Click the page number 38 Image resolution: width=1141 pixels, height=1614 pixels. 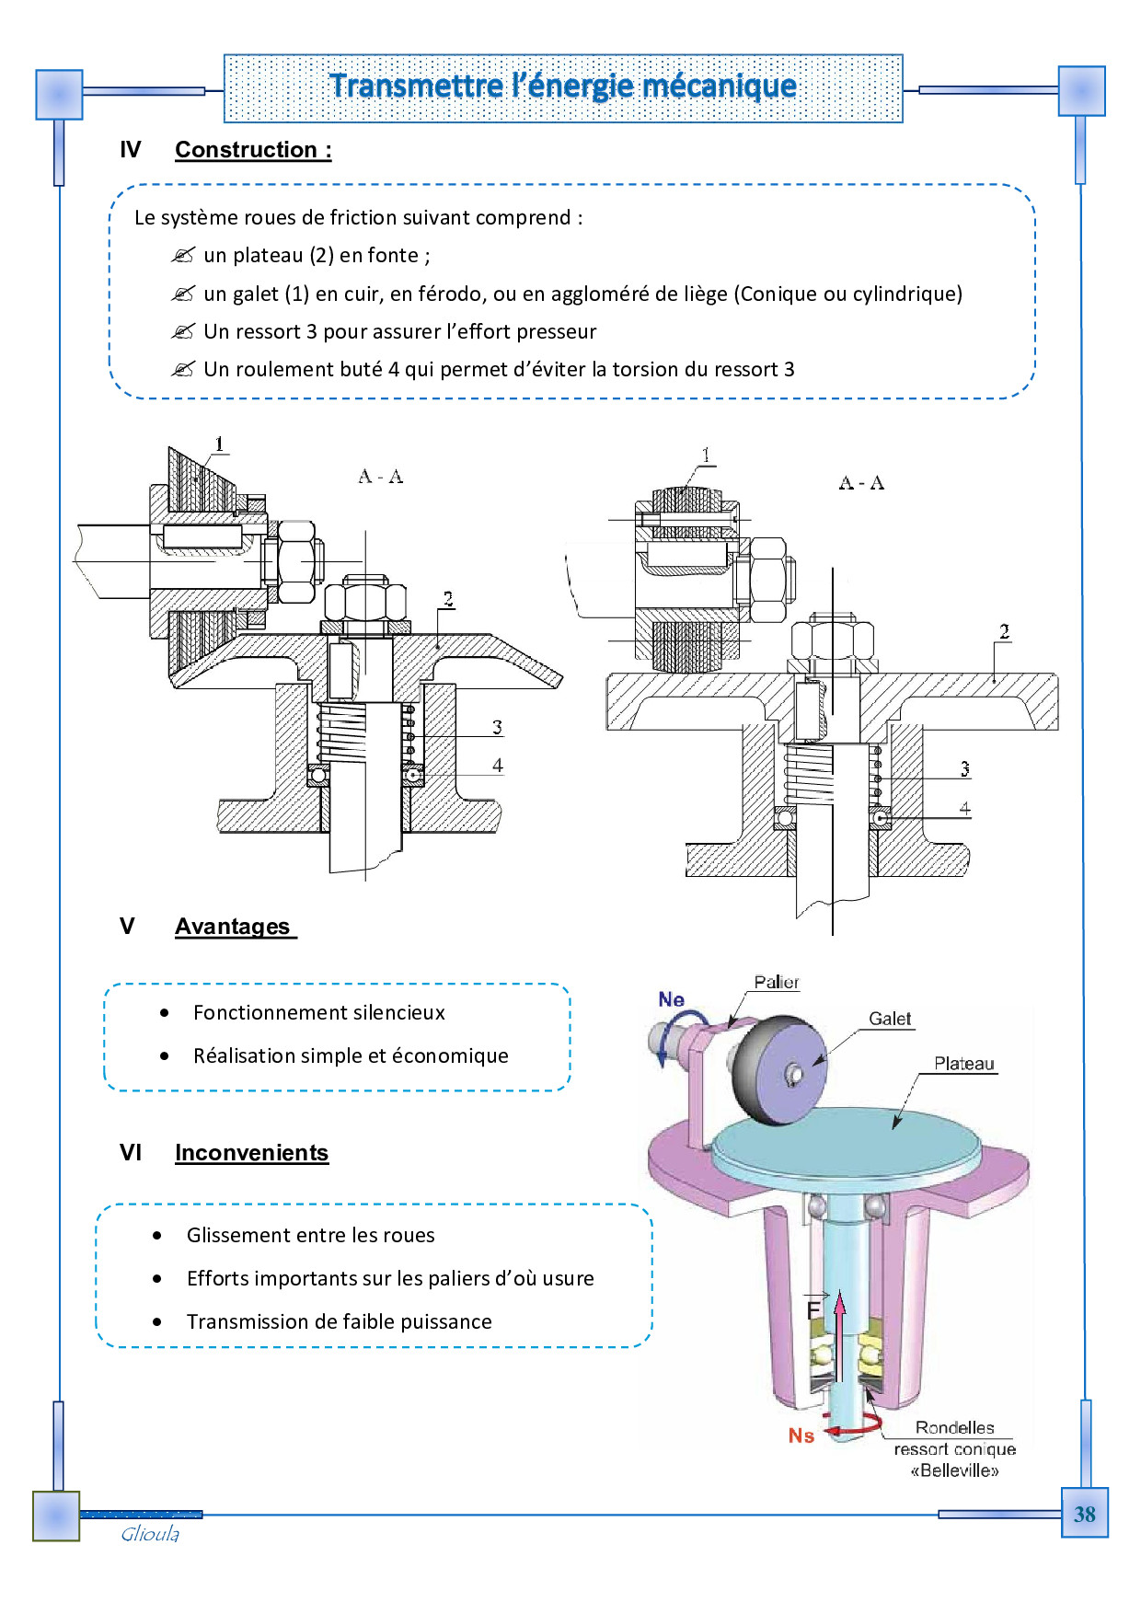point(1084,1514)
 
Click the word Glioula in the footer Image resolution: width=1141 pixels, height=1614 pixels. point(150,1534)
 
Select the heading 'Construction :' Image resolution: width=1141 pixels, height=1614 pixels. point(253,150)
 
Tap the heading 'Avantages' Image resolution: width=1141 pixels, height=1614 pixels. point(233,927)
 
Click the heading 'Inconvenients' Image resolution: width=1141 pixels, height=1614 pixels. point(251,1153)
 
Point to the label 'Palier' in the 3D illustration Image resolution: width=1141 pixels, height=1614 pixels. point(777,982)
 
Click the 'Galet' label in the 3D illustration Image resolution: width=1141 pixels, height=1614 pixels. point(890,1019)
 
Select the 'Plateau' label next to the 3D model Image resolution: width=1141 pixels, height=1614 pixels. point(963,1064)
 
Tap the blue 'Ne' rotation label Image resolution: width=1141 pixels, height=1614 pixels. point(671,999)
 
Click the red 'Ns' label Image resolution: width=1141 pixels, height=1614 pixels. point(801,1435)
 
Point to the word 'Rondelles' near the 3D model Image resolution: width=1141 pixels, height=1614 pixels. point(954,1428)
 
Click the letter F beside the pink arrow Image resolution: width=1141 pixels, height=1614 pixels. point(813,1308)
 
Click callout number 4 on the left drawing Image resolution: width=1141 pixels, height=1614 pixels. point(498,766)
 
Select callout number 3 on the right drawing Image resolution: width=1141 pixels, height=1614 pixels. point(964,768)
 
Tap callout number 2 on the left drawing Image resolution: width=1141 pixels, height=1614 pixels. point(448,599)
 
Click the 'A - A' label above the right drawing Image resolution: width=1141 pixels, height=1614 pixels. point(861,483)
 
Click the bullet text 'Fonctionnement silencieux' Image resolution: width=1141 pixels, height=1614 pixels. point(318,1013)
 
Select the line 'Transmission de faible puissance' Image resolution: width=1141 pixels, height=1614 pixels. point(339,1322)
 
